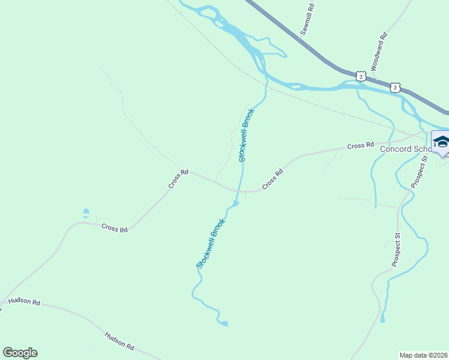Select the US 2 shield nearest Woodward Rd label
tap(360, 76)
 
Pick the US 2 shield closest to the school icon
tap(394, 88)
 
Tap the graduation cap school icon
tap(441, 142)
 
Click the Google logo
tap(20, 353)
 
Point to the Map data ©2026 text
tap(424, 355)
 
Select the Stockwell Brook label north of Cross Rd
tap(246, 135)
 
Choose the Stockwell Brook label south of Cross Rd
tap(211, 243)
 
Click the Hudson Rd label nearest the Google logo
tap(25, 302)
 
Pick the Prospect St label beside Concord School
tap(418, 170)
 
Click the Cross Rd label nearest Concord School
tap(361, 146)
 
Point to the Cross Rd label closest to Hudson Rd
tap(115, 228)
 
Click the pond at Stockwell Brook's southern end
tap(224, 324)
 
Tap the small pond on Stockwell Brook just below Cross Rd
tap(236, 204)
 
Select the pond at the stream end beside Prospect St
tap(382, 318)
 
